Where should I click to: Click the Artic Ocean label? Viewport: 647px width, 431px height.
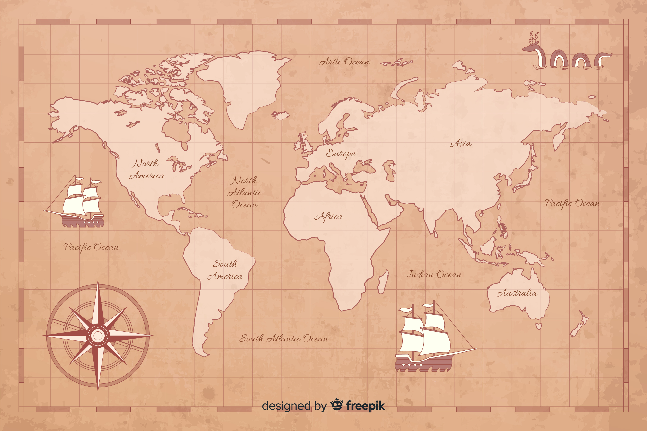[344, 62]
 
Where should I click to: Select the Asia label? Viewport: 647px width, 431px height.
[461, 144]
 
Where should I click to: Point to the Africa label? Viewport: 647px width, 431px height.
[329, 217]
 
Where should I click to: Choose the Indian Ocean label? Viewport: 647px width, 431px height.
[434, 274]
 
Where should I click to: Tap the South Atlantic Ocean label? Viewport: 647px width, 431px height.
[284, 338]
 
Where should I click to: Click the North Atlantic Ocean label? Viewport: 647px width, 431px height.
[245, 192]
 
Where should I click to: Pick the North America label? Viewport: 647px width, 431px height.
[147, 169]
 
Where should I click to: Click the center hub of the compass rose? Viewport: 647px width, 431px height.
[98, 335]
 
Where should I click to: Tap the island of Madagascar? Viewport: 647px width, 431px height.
[383, 282]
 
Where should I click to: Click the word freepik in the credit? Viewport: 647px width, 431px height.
[365, 406]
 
